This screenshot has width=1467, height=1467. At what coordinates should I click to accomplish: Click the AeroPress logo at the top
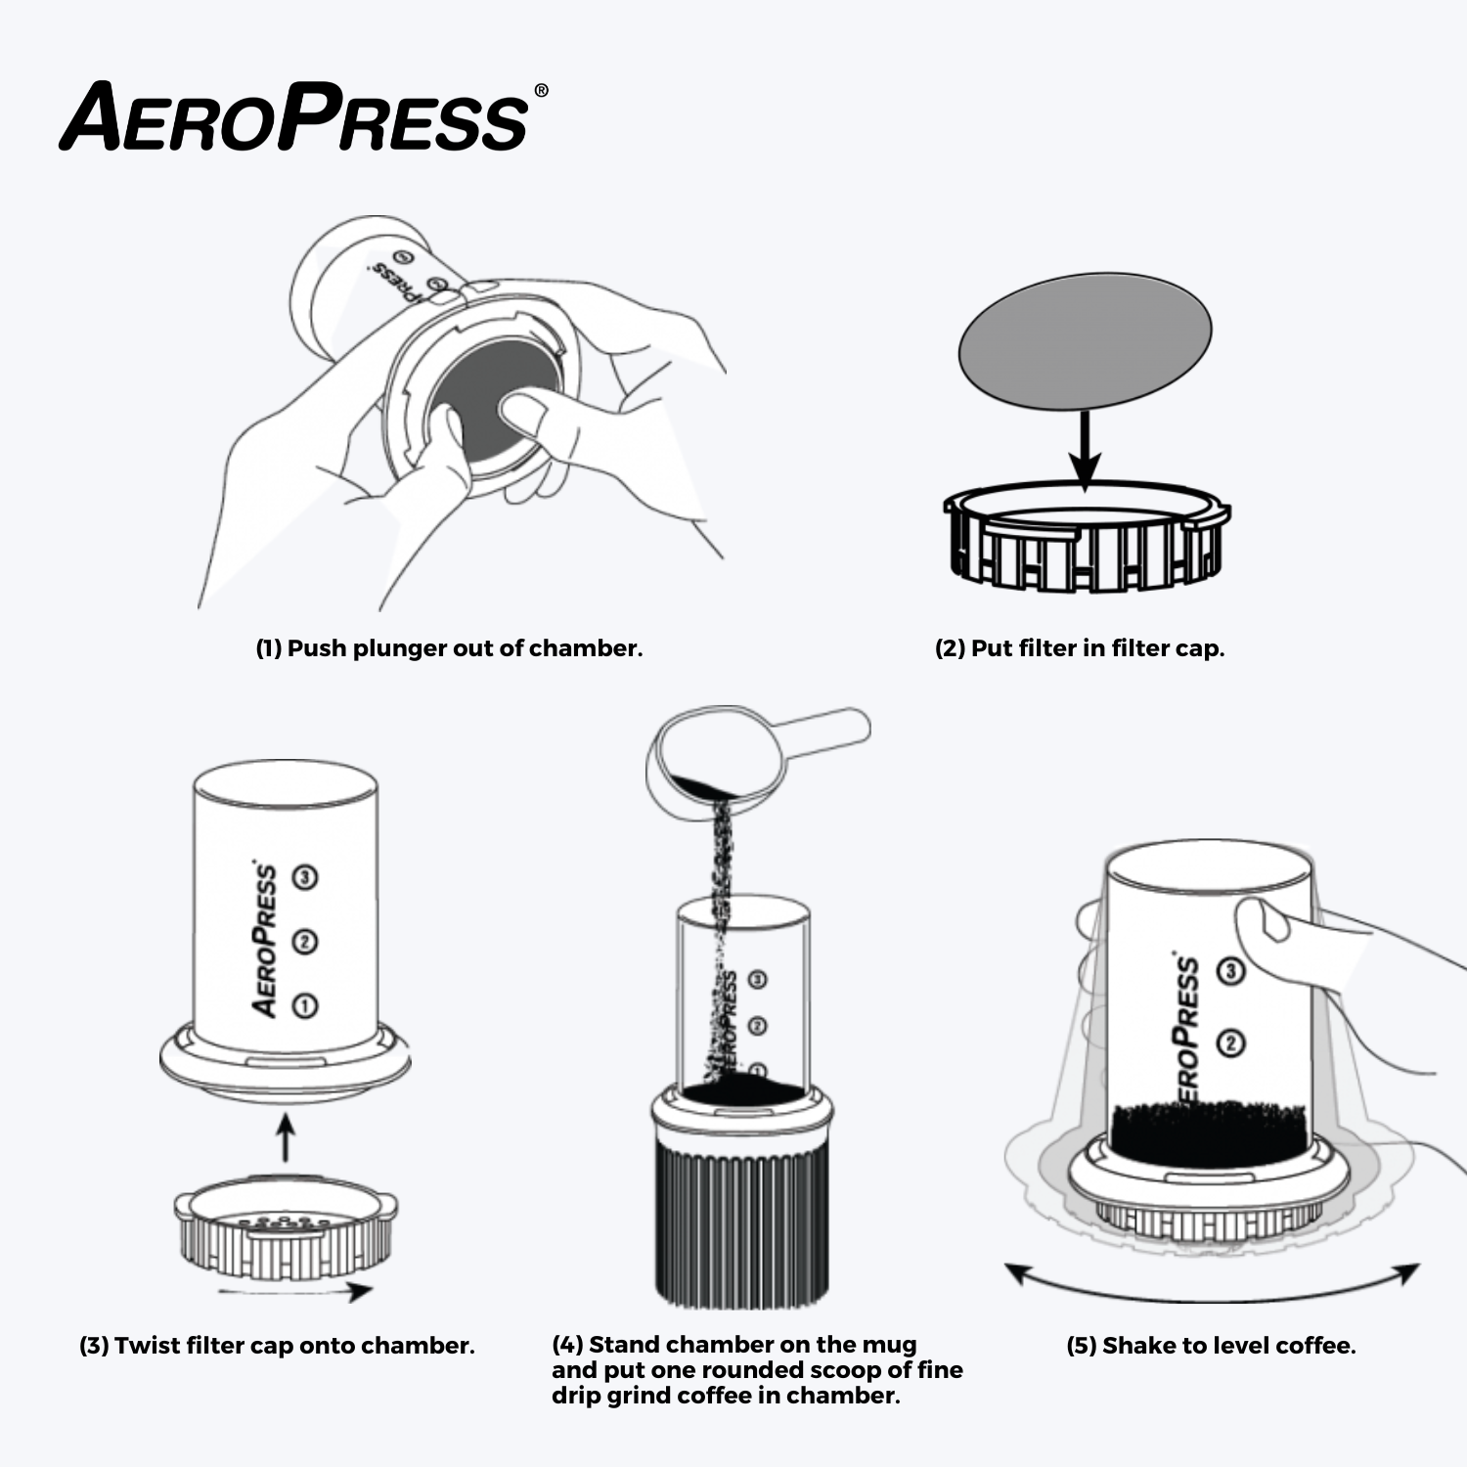293,117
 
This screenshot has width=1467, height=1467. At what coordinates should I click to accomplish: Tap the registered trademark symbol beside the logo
541,91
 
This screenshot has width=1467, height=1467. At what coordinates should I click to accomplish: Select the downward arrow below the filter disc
1084,450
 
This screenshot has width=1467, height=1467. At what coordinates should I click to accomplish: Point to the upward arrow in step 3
285,1138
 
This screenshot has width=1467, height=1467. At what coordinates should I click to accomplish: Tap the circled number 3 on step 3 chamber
305,877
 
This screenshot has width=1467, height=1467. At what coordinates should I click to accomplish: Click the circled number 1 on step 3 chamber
305,1005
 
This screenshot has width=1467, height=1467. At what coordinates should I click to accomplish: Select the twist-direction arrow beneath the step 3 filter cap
293,1292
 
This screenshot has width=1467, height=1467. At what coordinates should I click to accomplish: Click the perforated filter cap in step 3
286,1227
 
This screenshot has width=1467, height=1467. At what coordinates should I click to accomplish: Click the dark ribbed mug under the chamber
741,1222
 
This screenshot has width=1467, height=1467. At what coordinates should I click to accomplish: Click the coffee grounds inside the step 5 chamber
1209,1133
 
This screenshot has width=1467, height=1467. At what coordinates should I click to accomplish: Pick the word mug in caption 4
889,1345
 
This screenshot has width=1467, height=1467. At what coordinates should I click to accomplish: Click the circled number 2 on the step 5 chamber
1231,1044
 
